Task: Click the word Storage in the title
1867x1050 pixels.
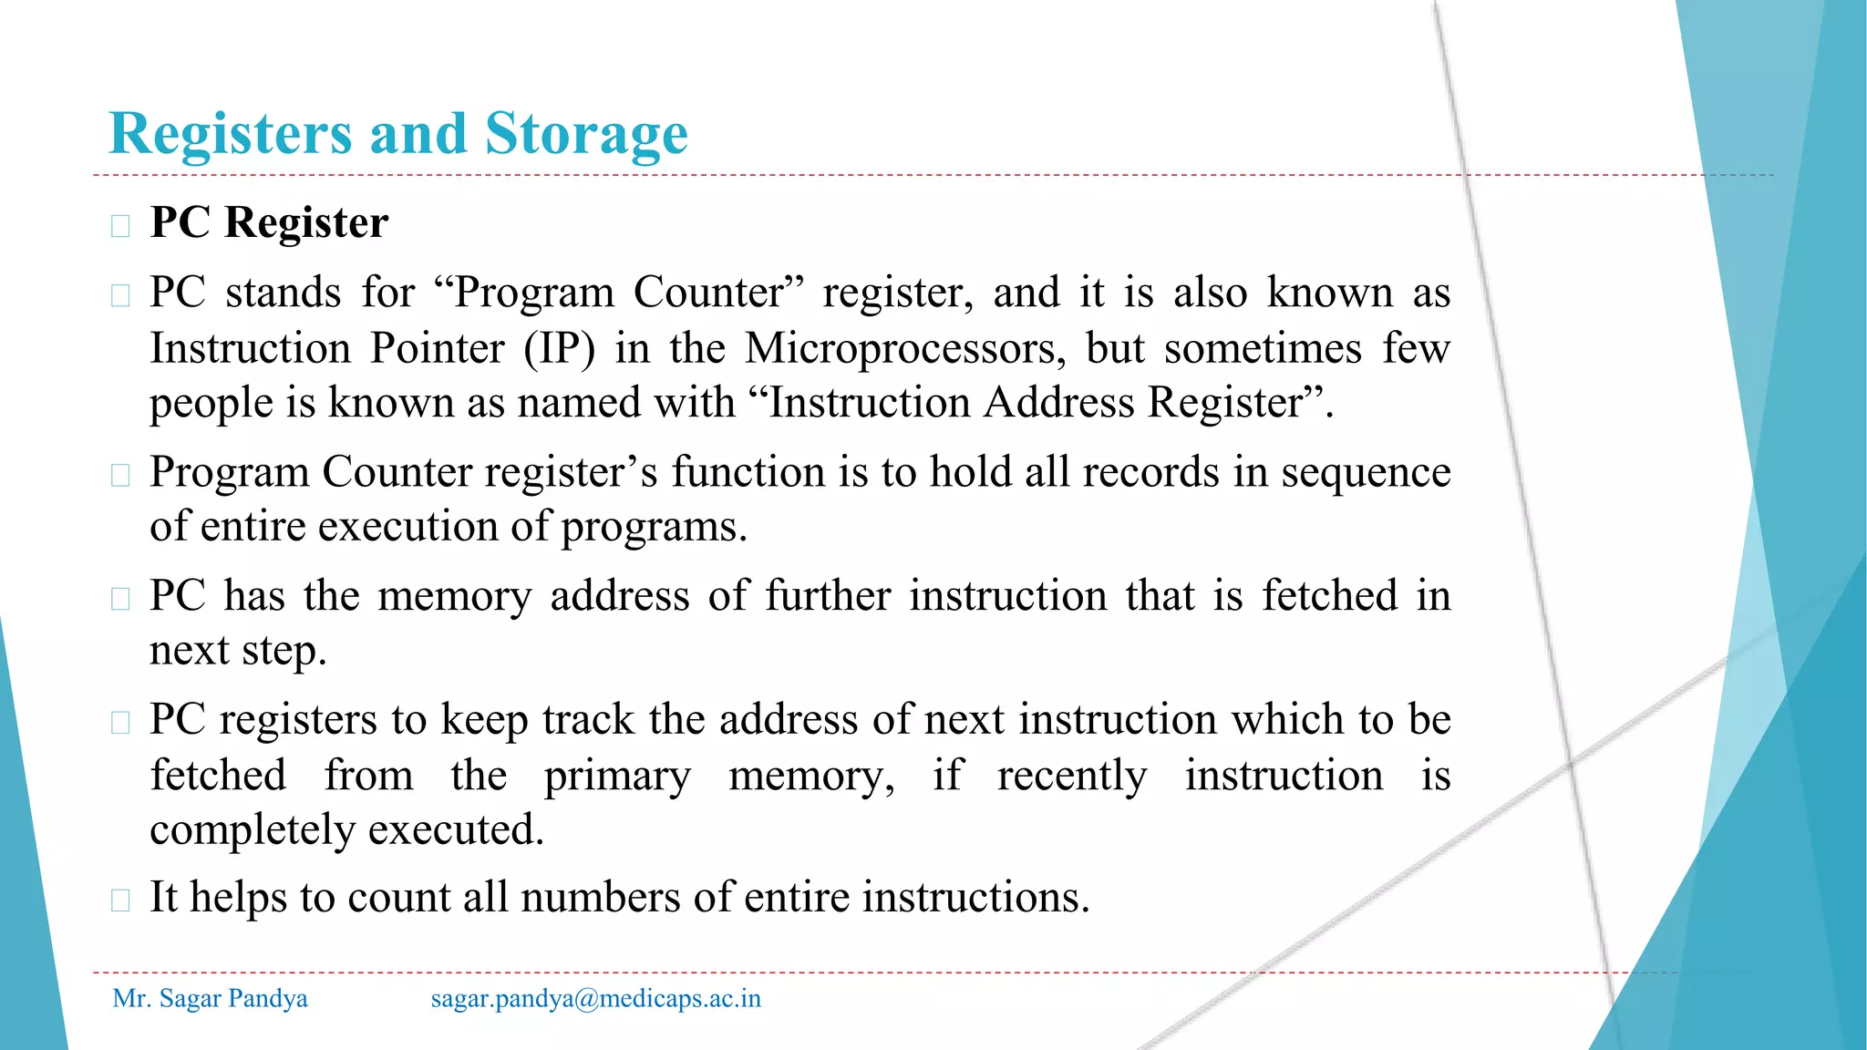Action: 585,135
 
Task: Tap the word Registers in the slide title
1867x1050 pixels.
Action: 230,135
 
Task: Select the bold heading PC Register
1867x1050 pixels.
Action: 269,222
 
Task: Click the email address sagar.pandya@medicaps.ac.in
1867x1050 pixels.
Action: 595,999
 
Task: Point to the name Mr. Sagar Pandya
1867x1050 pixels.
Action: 210,999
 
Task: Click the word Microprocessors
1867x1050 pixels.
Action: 904,348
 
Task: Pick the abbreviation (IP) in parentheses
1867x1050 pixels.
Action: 559,348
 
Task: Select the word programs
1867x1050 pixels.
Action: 653,527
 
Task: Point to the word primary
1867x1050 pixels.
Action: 617,776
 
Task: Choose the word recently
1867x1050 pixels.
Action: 1072,776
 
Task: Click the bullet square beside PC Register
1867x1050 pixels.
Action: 120,225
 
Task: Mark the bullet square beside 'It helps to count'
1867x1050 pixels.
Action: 120,900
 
